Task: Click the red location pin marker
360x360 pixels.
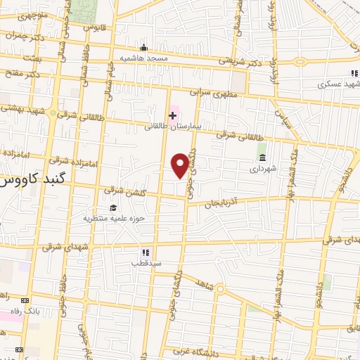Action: coord(181,165)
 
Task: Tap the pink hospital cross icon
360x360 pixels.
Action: coord(172,115)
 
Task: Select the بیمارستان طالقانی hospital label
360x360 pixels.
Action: coord(173,127)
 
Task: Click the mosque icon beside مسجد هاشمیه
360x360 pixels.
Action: coord(143,46)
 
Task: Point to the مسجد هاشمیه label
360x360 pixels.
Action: coord(143,58)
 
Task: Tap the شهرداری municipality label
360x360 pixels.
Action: coord(263,169)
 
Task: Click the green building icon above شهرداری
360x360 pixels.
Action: coord(262,157)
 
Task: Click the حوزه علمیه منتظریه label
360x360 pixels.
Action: coord(114,218)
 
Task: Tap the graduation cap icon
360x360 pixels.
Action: coord(114,207)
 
